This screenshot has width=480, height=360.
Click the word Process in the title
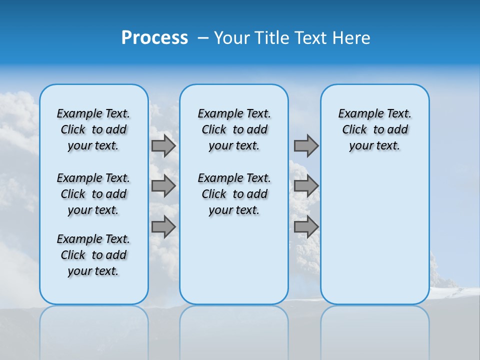(154, 38)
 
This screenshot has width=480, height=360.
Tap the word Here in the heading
(351, 38)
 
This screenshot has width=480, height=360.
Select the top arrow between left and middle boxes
(163, 146)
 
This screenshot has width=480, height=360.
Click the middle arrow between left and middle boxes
(163, 186)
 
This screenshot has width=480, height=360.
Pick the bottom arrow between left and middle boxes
(163, 227)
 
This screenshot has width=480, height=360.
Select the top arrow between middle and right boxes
(306, 146)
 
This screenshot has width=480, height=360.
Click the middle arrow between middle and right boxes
(306, 186)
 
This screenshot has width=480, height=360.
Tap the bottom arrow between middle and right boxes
(306, 227)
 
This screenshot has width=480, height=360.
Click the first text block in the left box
(93, 129)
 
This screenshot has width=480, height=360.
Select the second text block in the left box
(93, 194)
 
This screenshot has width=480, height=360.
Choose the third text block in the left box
(93, 255)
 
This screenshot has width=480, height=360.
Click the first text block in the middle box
(234, 129)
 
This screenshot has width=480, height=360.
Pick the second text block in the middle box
(234, 194)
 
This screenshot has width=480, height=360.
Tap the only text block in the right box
(374, 129)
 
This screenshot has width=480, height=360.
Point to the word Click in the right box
(354, 130)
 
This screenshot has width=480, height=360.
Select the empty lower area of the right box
(374, 235)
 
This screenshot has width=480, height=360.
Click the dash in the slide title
(203, 38)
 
